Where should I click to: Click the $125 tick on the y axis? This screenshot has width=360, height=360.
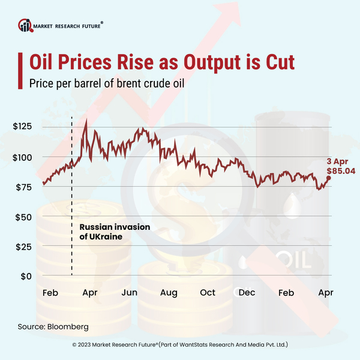pyautogui.click(x=23, y=127)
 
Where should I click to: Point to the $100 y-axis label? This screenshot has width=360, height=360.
pyautogui.click(x=23, y=157)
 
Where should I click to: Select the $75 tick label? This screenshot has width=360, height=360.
pyautogui.click(x=24, y=187)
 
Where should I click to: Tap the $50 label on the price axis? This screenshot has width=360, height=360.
pyautogui.click(x=24, y=217)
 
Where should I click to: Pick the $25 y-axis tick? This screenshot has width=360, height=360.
pyautogui.click(x=24, y=247)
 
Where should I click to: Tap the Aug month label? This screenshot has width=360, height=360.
pyautogui.click(x=169, y=293)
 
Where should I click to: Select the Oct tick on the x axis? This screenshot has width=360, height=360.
pyautogui.click(x=208, y=293)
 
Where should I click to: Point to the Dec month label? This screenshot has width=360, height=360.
pyautogui.click(x=247, y=293)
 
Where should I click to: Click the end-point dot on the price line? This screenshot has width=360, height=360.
pyautogui.click(x=328, y=178)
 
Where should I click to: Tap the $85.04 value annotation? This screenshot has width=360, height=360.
pyautogui.click(x=340, y=170)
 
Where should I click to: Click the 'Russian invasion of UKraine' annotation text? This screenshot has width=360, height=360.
pyautogui.click(x=114, y=232)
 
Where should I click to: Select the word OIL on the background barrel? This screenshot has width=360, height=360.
pyautogui.click(x=292, y=262)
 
